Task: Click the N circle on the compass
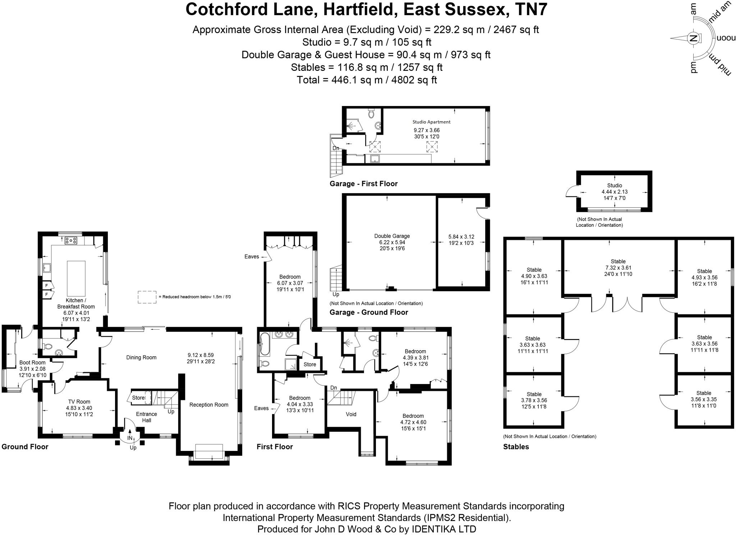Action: coord(693,38)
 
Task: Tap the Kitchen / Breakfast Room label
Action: coord(76,303)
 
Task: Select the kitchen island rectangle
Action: coord(76,278)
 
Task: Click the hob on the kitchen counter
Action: coord(71,241)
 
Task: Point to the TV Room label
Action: coord(79,402)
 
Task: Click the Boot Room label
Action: coord(32,362)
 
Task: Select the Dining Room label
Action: coord(141,357)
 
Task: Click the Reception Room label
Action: coord(209,404)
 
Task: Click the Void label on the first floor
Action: coord(351,414)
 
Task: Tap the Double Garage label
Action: coord(392,236)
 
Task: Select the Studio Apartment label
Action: coord(431,122)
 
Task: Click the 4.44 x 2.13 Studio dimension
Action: coord(615,192)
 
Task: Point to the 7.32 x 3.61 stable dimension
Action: coord(618,268)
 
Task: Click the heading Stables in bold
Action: coord(516,447)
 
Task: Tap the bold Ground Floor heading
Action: coord(25,447)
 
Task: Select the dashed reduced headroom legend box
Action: coord(147,297)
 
